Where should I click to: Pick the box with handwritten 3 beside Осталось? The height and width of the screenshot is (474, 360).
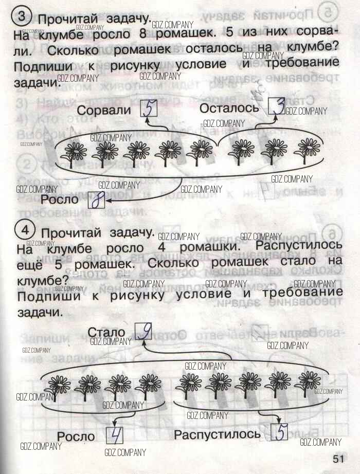[276, 107]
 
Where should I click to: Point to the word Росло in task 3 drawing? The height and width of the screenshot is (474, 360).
[59, 199]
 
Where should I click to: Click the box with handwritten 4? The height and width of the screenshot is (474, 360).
[116, 435]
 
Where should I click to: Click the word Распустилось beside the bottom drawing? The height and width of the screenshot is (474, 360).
[218, 434]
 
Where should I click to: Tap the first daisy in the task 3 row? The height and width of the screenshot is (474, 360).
[75, 153]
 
